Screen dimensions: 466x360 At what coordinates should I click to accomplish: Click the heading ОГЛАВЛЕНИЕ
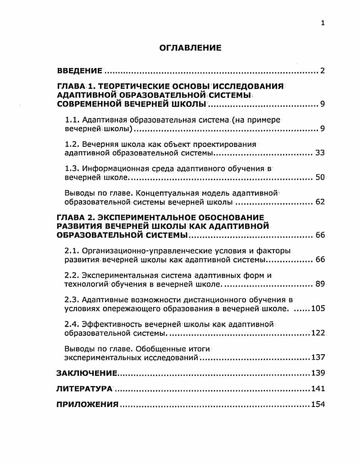tap(190, 48)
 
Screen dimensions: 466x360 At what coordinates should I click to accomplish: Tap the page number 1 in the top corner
tap(323, 23)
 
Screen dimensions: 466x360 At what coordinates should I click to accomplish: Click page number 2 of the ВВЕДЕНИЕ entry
tap(322, 71)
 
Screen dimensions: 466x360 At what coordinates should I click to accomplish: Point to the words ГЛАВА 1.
tap(76, 87)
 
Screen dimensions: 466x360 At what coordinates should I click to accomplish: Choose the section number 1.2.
tap(72, 144)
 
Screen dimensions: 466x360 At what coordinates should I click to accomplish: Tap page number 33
tap(320, 153)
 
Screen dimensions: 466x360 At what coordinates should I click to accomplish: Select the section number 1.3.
tap(72, 169)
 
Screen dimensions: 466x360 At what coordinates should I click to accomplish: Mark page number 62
tap(320, 202)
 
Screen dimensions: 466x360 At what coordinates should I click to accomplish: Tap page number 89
tap(320, 284)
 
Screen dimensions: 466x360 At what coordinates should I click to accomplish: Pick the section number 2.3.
tap(72, 300)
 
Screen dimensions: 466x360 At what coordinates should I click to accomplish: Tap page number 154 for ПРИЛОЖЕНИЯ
tap(318, 404)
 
